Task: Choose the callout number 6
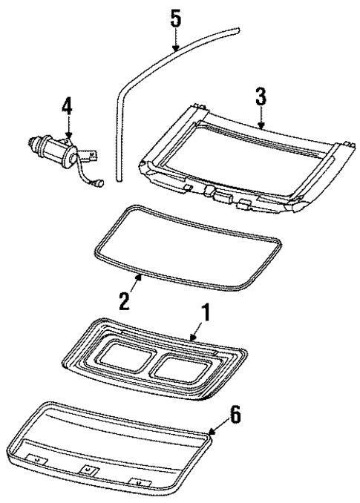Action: [235, 415]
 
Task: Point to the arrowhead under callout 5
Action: [176, 47]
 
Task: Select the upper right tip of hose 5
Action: [239, 30]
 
